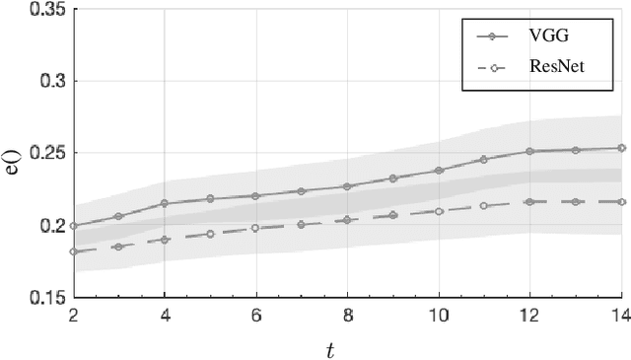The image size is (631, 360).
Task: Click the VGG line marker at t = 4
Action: tap(164, 203)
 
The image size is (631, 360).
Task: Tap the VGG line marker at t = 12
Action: tap(529, 151)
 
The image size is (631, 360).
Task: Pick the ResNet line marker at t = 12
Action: tap(529, 201)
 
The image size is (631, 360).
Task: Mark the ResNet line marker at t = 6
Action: tap(255, 228)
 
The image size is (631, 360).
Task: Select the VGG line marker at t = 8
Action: tap(347, 186)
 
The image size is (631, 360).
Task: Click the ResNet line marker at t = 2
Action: tap(73, 252)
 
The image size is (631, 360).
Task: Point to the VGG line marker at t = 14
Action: tap(621, 148)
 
